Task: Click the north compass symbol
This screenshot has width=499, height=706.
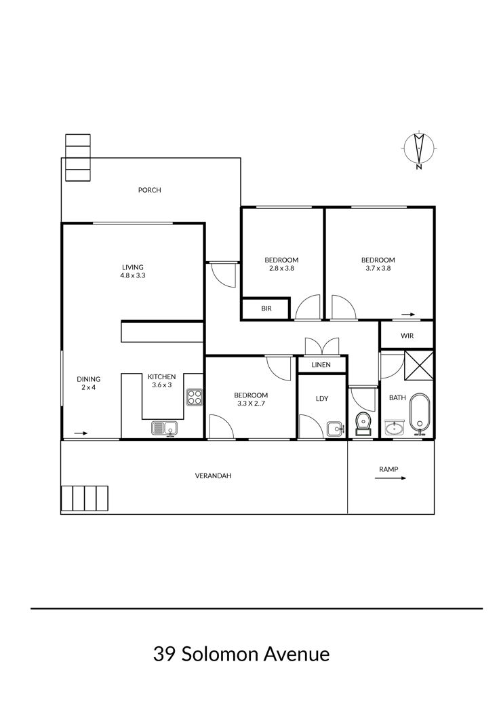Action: (x=420, y=151)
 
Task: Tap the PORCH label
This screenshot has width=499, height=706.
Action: (x=149, y=190)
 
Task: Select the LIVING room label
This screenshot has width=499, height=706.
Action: (x=133, y=267)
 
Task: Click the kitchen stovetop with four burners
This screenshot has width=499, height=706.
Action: (x=195, y=397)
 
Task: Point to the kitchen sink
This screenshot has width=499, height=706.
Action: (x=164, y=428)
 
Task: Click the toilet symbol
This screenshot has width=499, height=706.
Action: (x=363, y=424)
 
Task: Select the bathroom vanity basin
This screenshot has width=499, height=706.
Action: (x=395, y=427)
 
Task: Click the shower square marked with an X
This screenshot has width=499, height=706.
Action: (x=418, y=366)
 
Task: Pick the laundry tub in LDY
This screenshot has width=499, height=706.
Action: (x=335, y=429)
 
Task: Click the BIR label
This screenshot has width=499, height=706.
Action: (x=266, y=309)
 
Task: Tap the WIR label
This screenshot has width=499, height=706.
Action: (x=407, y=336)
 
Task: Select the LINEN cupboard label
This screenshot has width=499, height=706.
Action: (x=321, y=365)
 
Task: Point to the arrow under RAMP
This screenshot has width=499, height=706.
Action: (x=390, y=477)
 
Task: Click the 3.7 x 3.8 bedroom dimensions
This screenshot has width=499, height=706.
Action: (x=378, y=269)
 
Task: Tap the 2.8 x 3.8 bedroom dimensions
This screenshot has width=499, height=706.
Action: (x=281, y=269)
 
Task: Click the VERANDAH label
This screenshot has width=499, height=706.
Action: (x=213, y=475)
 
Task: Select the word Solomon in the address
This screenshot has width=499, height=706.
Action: (x=220, y=654)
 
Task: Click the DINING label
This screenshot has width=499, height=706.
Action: (x=88, y=379)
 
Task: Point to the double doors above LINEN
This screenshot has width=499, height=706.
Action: (x=321, y=347)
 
